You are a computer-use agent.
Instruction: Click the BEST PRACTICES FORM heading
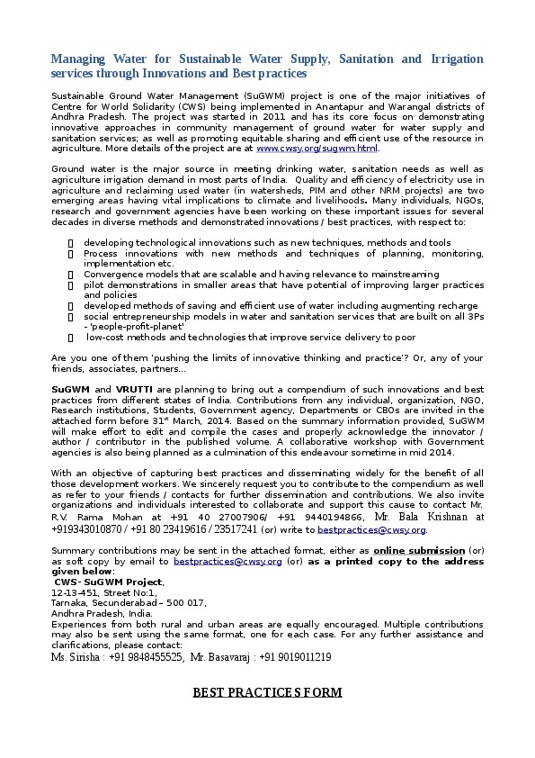[267, 692]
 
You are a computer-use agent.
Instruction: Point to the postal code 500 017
[184, 603]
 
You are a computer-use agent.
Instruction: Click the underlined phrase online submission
[415, 550]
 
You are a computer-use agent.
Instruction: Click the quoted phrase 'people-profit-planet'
[134, 326]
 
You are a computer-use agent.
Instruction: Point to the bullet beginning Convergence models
[261, 274]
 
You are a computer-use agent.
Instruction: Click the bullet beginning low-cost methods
[251, 337]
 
